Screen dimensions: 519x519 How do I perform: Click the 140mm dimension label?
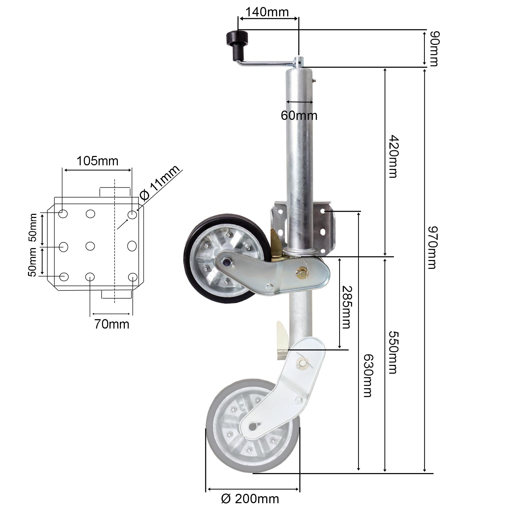point(267,12)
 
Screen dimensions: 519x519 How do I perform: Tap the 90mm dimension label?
point(434,49)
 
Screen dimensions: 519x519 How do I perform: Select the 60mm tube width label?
point(299,116)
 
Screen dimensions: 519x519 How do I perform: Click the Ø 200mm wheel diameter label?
point(250,499)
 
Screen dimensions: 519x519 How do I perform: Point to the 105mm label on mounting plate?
point(98,161)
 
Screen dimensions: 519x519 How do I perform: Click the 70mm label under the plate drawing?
point(112,324)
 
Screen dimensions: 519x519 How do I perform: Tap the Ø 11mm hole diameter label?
point(160,183)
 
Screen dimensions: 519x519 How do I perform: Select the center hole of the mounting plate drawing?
point(90,246)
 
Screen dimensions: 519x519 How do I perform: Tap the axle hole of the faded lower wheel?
point(252,426)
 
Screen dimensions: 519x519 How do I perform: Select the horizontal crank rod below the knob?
point(266,63)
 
